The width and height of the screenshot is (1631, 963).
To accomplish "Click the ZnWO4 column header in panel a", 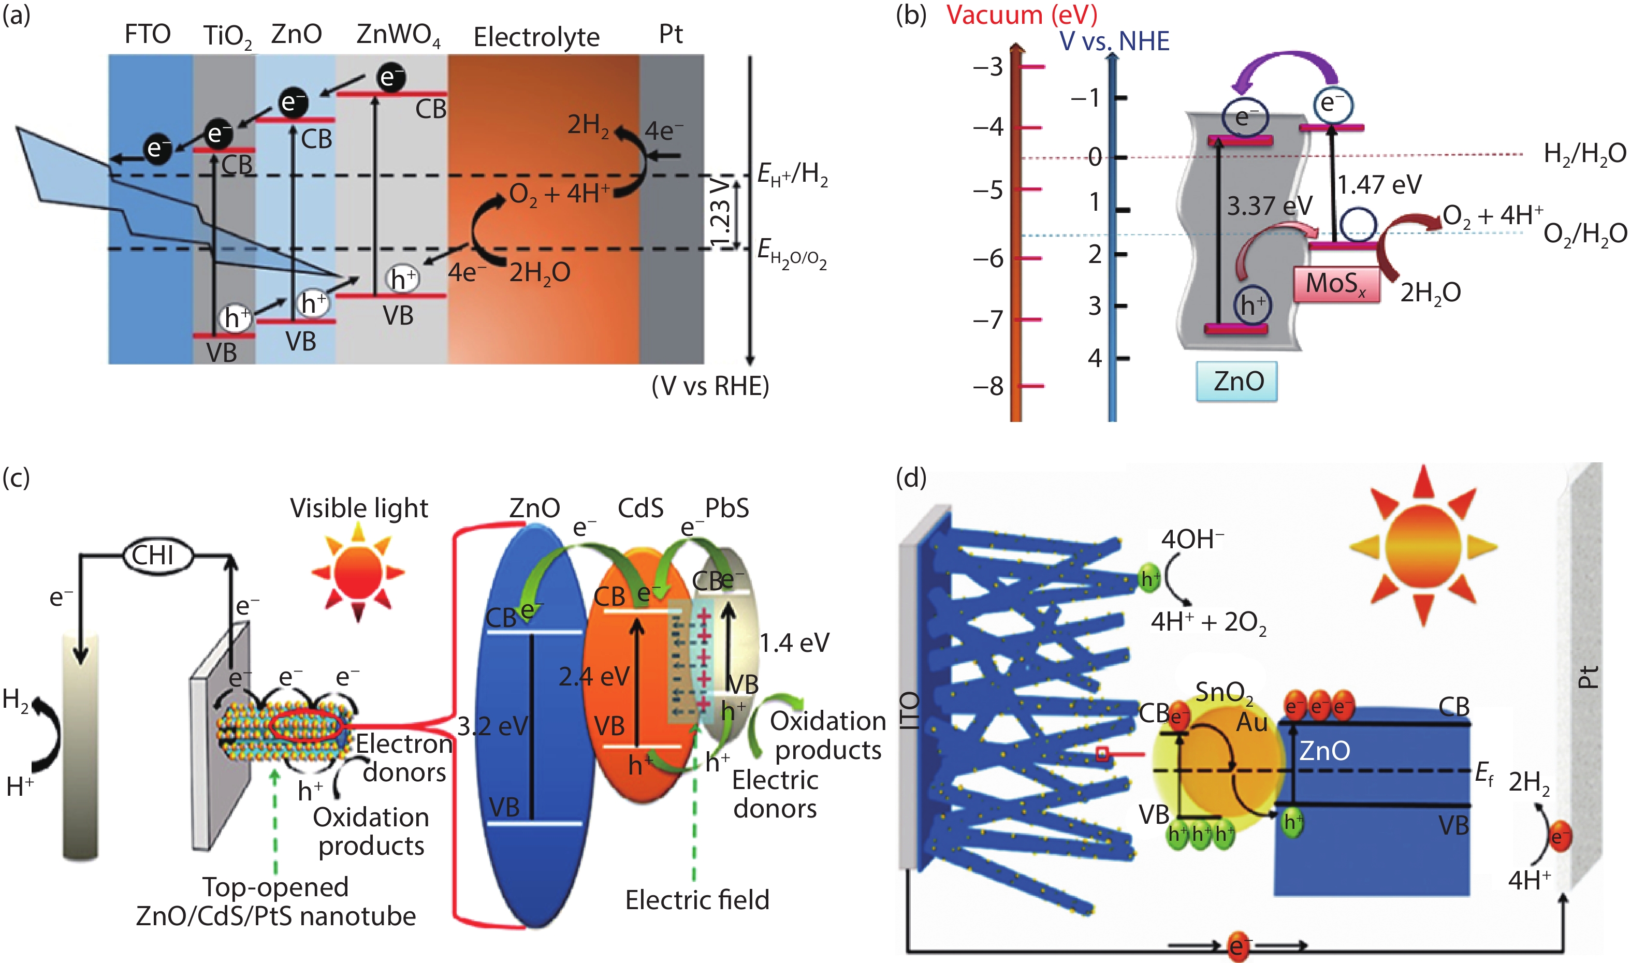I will [398, 34].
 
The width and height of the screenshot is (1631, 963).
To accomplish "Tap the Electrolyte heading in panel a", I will [536, 37].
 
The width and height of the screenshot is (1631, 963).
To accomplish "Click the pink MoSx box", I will [1336, 284].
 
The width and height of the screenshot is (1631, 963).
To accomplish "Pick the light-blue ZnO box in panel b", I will [1236, 381].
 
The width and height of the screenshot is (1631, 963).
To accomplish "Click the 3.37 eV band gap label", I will [1269, 207].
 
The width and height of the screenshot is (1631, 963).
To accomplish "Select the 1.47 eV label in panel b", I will [1379, 185].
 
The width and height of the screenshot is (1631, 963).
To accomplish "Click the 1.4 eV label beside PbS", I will [794, 643].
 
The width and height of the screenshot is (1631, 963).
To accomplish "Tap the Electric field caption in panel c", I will [697, 900].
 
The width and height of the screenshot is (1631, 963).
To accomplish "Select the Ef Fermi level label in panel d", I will [1484, 773].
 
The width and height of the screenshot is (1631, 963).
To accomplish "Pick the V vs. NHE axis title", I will [1114, 41].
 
